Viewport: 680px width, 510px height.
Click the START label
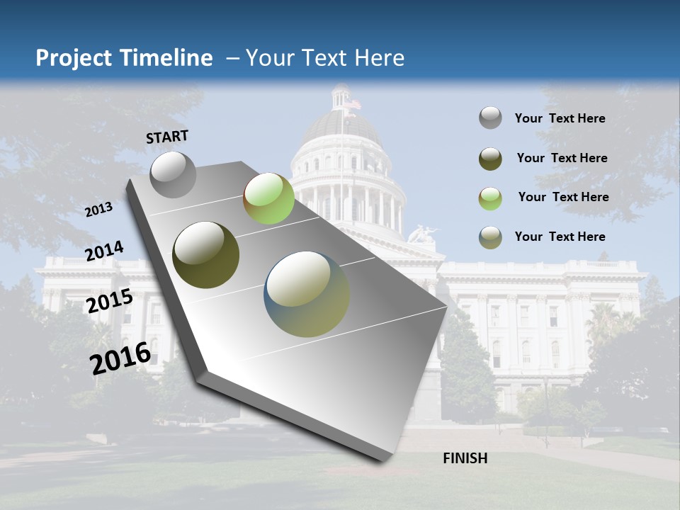pyautogui.click(x=167, y=137)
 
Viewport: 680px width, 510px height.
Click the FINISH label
pyautogui.click(x=465, y=458)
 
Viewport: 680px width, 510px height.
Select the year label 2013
pyautogui.click(x=98, y=209)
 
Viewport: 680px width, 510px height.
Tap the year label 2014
pyautogui.click(x=104, y=251)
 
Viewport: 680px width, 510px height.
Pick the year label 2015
pyautogui.click(x=109, y=301)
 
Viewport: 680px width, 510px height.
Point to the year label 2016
pyautogui.click(x=120, y=358)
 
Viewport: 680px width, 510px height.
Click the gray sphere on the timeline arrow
pyautogui.click(x=173, y=174)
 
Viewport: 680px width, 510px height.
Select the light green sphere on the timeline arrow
pyautogui.click(x=268, y=198)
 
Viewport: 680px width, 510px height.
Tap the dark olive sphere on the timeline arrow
pyautogui.click(x=206, y=255)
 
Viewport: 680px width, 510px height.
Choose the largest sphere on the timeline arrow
pyautogui.click(x=307, y=294)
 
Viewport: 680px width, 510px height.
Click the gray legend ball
pyautogui.click(x=490, y=118)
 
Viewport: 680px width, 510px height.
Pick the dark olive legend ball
pyautogui.click(x=490, y=159)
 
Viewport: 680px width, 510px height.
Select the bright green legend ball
pyautogui.click(x=490, y=198)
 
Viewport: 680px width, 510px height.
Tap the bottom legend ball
pyautogui.click(x=490, y=237)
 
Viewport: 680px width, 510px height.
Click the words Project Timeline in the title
pyautogui.click(x=124, y=58)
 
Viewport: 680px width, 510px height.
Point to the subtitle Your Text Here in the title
pyautogui.click(x=324, y=58)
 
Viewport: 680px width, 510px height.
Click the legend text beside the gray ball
pyautogui.click(x=560, y=118)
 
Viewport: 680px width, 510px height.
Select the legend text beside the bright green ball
pyautogui.click(x=563, y=197)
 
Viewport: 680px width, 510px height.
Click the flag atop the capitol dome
pyautogui.click(x=352, y=105)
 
